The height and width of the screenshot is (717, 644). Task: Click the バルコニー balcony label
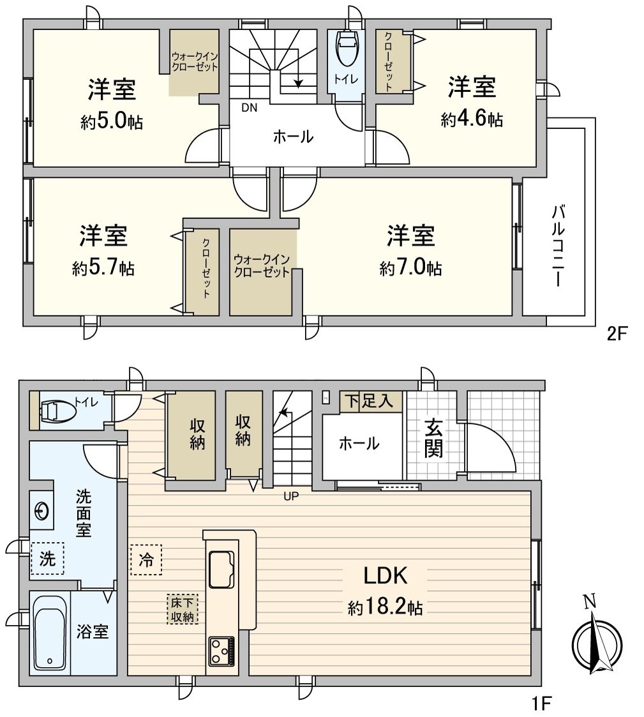pos(558,246)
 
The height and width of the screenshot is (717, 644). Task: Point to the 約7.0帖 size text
pos(410,268)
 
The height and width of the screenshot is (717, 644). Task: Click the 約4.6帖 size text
pos(472,119)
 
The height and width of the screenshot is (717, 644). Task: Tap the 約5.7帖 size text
pos(103,268)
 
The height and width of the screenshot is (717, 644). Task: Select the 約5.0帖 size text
pos(112,122)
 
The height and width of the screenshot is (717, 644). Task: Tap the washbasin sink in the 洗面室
pos(41,511)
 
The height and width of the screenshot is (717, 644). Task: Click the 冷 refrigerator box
pos(146,560)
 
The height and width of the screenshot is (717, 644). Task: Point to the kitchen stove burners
pos(220,652)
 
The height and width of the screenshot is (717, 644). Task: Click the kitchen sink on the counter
pos(221,568)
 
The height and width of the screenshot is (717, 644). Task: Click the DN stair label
pos(249,107)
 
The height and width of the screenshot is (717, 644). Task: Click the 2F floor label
pos(618,334)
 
